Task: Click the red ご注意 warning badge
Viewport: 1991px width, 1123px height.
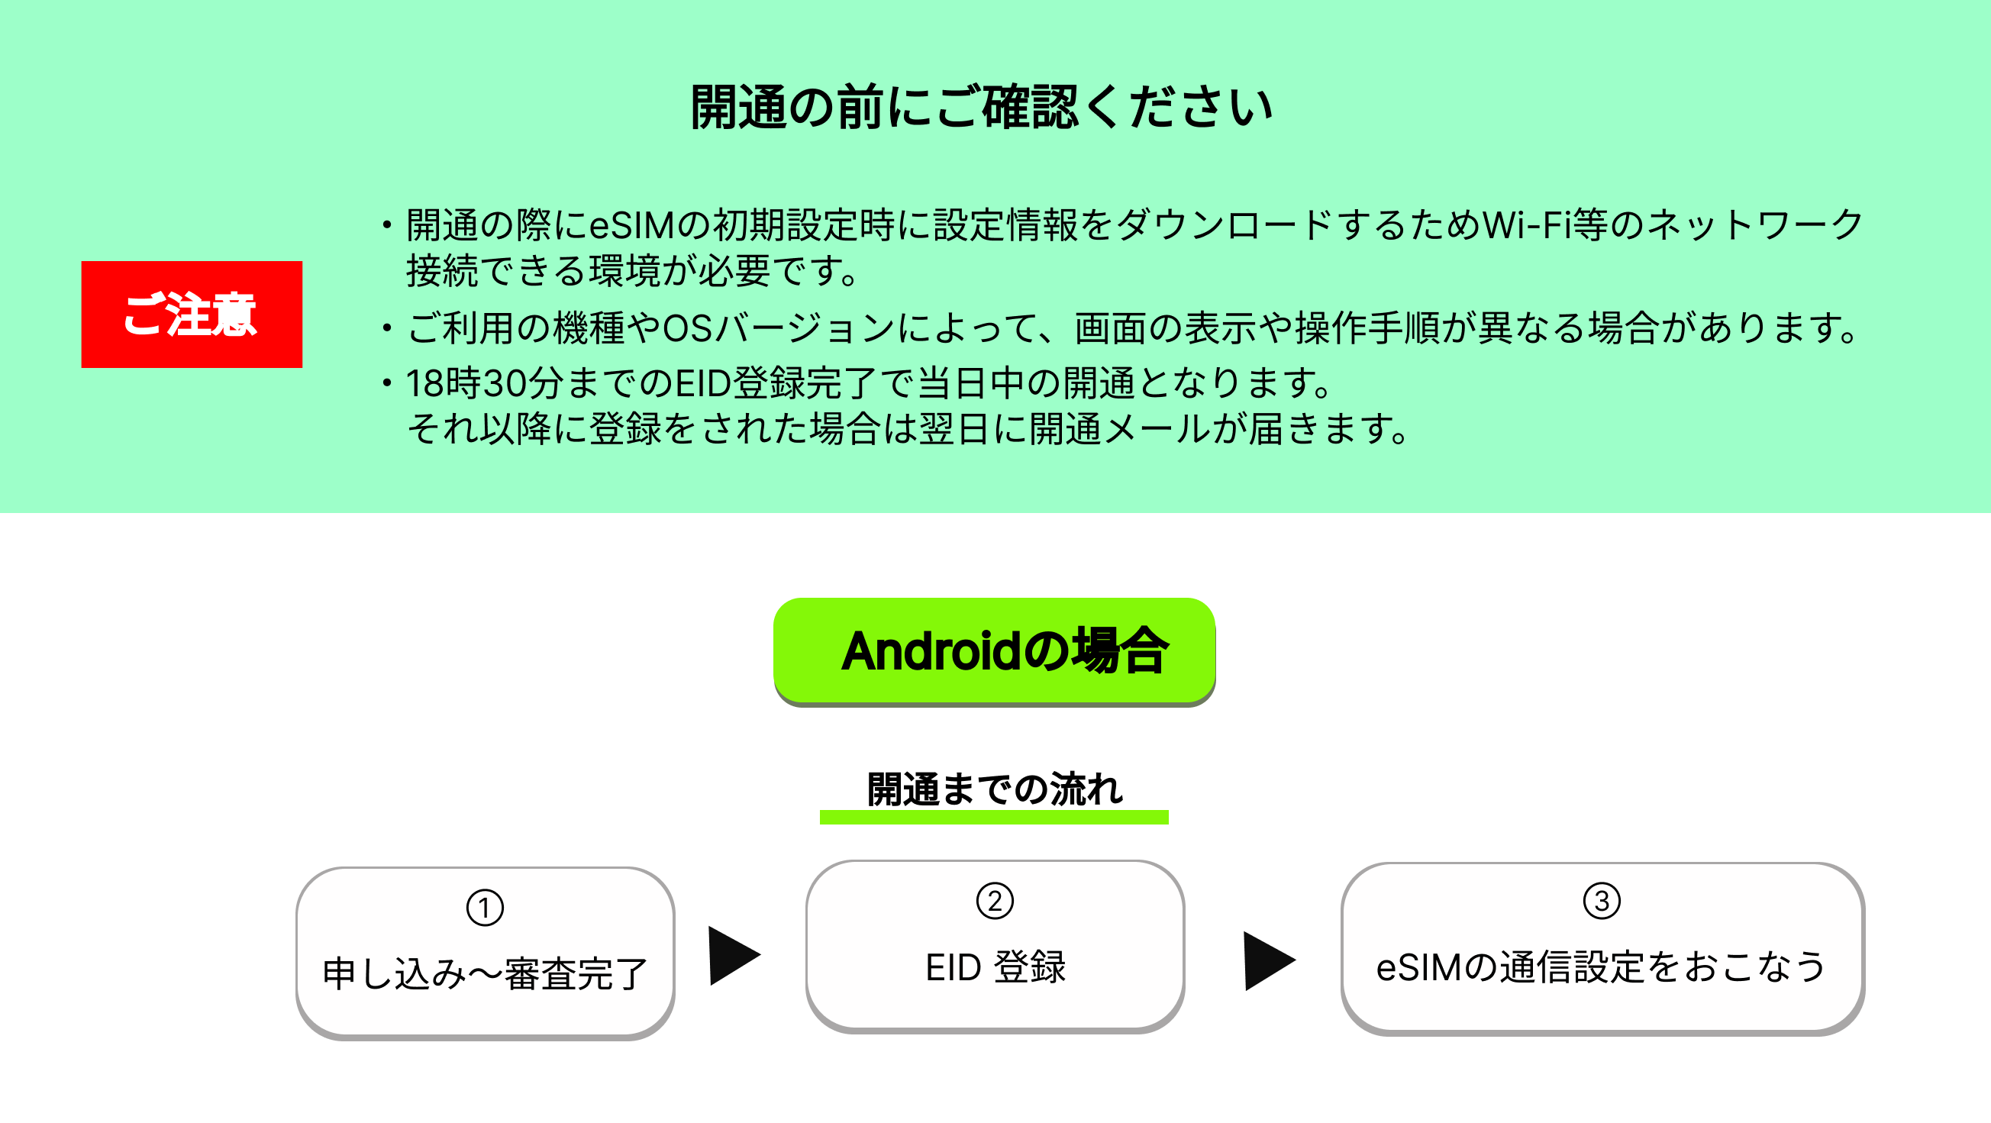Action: click(x=192, y=314)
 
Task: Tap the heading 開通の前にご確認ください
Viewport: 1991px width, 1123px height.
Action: click(x=982, y=108)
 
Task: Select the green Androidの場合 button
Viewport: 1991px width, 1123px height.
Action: click(x=994, y=650)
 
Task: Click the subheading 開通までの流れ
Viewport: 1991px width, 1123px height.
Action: click(x=995, y=789)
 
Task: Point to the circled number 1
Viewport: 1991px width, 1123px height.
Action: click(x=485, y=908)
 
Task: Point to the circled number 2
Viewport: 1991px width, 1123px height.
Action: click(x=995, y=901)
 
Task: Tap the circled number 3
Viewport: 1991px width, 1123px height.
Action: click(x=1602, y=901)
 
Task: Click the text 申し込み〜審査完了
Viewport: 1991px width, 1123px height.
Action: click(x=485, y=974)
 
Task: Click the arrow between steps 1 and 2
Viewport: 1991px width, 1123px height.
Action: click(x=734, y=956)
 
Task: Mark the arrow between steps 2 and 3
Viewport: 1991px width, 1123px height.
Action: click(x=1269, y=960)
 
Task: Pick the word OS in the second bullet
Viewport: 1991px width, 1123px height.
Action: click(x=688, y=328)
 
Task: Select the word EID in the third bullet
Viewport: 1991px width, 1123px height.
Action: click(x=703, y=383)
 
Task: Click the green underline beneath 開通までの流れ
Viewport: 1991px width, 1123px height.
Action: click(x=994, y=817)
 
